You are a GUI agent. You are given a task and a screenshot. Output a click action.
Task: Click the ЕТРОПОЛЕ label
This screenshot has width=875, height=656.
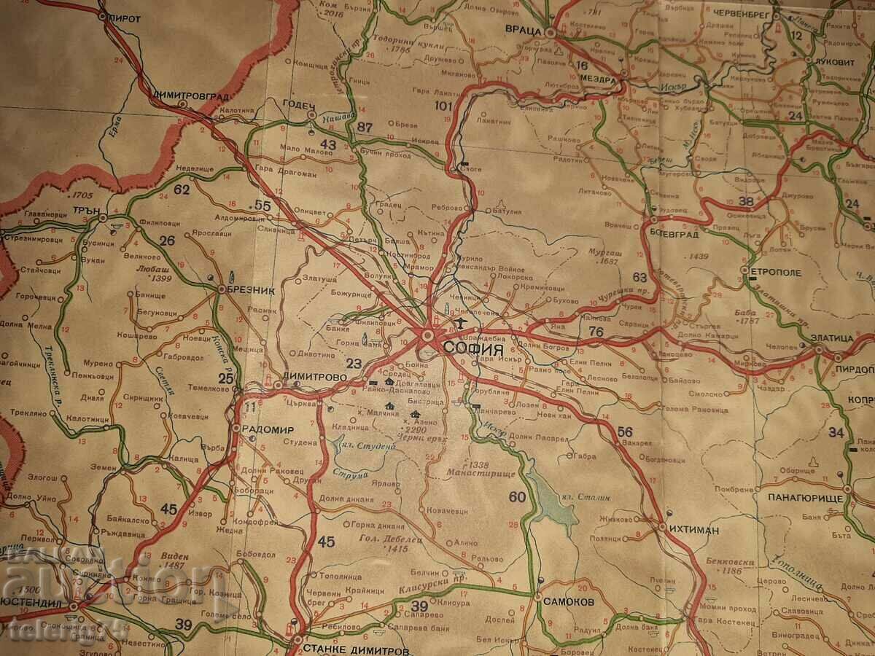(776, 273)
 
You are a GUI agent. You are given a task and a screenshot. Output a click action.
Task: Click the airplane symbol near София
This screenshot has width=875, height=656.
(461, 321)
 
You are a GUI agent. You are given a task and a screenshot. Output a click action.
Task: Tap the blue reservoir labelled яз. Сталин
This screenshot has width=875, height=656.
(557, 503)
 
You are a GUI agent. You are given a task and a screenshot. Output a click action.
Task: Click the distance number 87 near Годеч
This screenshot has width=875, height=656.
(365, 128)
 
